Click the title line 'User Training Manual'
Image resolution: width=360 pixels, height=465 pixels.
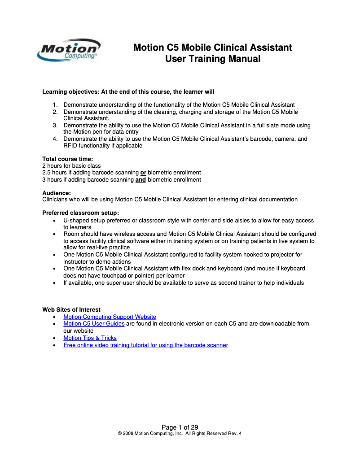212,59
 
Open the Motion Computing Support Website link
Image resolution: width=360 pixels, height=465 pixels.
110,317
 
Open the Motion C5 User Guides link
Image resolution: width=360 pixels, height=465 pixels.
94,323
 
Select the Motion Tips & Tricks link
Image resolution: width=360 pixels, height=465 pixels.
90,338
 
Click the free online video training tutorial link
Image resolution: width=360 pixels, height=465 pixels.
145,345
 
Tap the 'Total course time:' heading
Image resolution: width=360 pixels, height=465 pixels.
67,159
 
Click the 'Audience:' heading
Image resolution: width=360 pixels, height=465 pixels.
57,192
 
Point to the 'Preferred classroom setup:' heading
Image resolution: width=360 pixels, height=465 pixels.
80,213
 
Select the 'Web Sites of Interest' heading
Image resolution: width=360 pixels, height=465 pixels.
71,309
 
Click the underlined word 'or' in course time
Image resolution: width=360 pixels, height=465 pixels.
143,173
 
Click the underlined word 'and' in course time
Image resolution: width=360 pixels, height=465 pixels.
140,180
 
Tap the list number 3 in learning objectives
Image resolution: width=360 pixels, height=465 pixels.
55,126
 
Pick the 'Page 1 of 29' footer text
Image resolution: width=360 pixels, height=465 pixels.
180,427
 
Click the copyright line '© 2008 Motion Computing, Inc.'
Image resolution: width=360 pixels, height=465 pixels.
180,434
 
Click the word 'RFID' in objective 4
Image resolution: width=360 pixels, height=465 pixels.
70,146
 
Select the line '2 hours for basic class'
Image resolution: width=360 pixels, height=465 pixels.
71,166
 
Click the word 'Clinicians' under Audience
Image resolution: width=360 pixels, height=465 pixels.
56,199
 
